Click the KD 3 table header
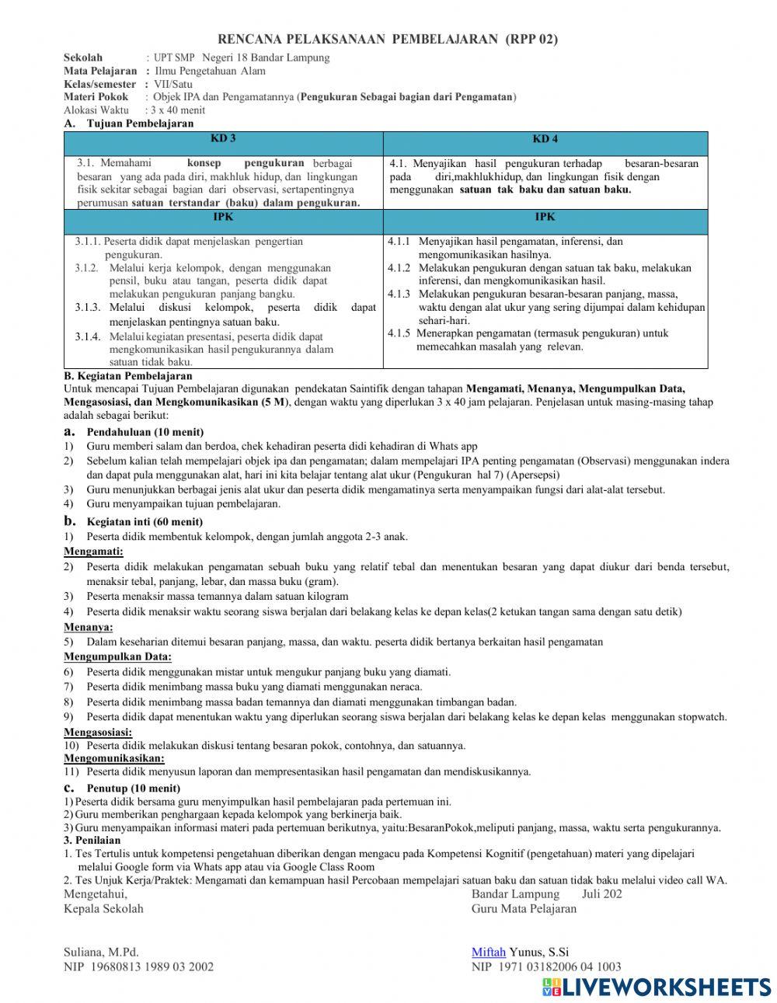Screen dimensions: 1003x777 (x=223, y=138)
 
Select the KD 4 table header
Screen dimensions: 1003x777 (x=545, y=139)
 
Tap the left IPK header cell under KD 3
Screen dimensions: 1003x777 (x=223, y=217)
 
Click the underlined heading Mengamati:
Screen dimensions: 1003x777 (x=93, y=552)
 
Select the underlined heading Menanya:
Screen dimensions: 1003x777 (x=89, y=626)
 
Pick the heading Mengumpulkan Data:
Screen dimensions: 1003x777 (x=117, y=656)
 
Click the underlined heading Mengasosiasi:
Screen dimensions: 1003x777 (x=98, y=732)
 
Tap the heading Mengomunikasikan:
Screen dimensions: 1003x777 (x=113, y=757)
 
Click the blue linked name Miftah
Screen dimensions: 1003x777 (x=489, y=952)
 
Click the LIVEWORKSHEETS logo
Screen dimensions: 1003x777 (x=657, y=987)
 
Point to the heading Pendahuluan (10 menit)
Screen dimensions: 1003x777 (x=145, y=432)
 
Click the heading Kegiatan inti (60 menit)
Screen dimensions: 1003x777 (x=145, y=522)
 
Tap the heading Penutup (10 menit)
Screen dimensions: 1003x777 (x=134, y=788)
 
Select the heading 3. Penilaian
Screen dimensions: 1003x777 (x=92, y=840)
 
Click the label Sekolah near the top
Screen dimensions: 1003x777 (x=82, y=57)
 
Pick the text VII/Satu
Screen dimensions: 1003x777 (x=173, y=84)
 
